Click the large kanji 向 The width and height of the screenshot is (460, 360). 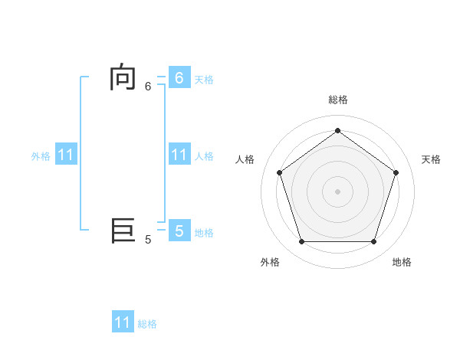tap(123, 78)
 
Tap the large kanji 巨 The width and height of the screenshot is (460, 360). tap(123, 230)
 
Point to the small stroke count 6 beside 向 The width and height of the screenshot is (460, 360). tap(148, 87)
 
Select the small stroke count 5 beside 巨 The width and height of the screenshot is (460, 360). tap(148, 240)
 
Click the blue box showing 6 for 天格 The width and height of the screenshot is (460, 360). tap(179, 77)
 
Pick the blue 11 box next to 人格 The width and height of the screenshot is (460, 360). tap(179, 155)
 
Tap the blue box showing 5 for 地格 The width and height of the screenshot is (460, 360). tap(179, 231)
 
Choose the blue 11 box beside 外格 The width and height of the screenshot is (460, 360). tap(66, 155)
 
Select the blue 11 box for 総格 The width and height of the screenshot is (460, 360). tap(123, 322)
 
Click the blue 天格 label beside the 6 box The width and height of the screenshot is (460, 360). tap(204, 80)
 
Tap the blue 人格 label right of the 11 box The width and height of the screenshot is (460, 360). tap(204, 156)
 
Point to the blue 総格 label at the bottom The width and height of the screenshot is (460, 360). tap(147, 325)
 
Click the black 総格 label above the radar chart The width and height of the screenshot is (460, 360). tap(337, 100)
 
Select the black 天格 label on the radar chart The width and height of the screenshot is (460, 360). tap(432, 159)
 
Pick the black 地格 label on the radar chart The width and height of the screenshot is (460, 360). tap(402, 262)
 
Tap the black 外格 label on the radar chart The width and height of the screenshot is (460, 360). tap(270, 262)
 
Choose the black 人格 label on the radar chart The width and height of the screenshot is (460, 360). tap(245, 159)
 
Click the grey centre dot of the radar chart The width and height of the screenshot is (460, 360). tap(337, 191)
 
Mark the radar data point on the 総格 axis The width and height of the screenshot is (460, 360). tap(337, 130)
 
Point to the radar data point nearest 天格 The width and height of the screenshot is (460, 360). tap(396, 172)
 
